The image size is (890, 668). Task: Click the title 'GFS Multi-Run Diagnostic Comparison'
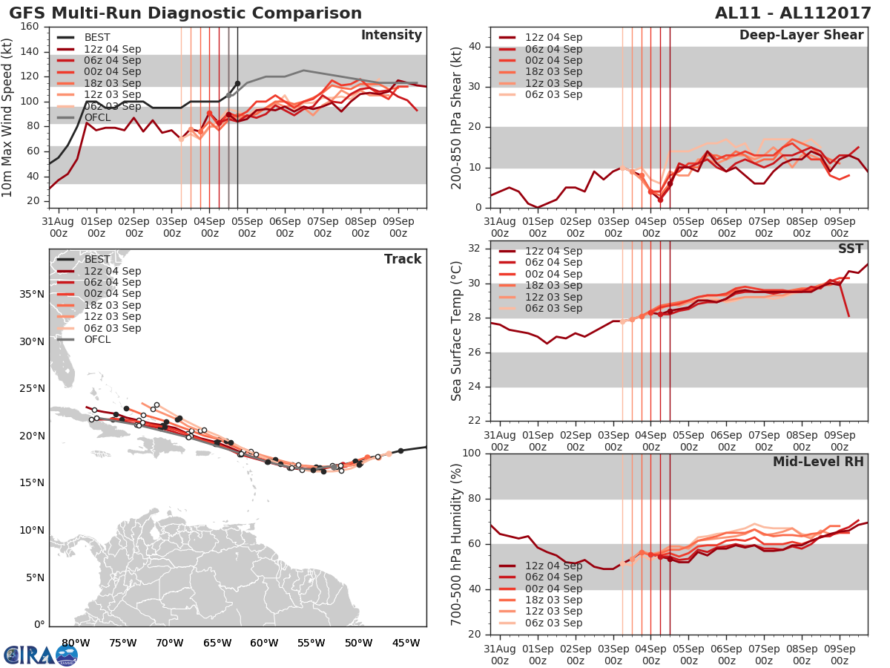(x=185, y=13)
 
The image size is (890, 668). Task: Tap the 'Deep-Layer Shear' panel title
(x=801, y=36)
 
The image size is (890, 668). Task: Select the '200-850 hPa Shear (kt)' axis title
(x=457, y=117)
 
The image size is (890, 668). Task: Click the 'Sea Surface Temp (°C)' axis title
(x=457, y=332)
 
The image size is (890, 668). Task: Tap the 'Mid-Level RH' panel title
(x=818, y=462)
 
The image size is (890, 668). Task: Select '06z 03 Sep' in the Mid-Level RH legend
(x=553, y=623)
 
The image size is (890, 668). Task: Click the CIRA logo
(x=41, y=655)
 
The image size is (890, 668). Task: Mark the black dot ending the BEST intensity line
(x=237, y=83)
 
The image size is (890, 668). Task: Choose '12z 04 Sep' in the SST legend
(x=553, y=251)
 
